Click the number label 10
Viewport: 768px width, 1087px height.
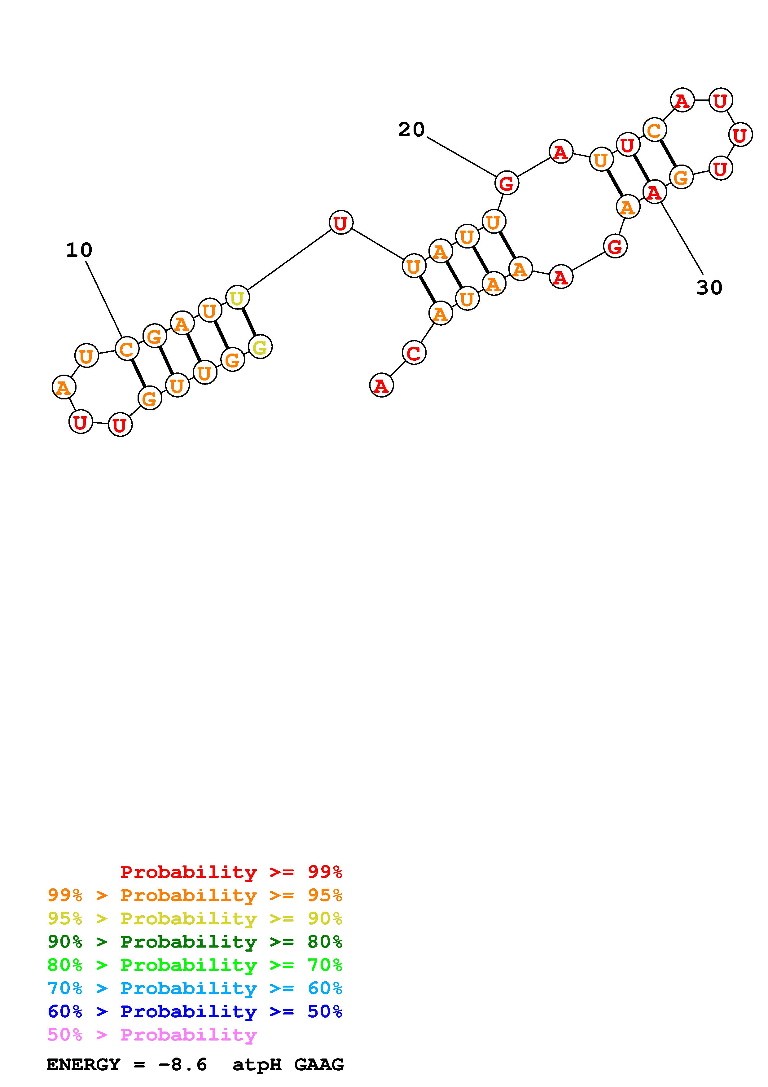79,250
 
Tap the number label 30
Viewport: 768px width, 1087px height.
709,287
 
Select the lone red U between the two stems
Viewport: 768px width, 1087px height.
341,222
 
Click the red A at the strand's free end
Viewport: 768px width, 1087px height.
381,385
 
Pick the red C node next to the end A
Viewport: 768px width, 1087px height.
414,353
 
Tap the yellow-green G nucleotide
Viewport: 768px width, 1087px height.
260,347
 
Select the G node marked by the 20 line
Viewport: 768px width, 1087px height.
506,183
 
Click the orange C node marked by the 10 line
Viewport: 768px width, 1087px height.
127,350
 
